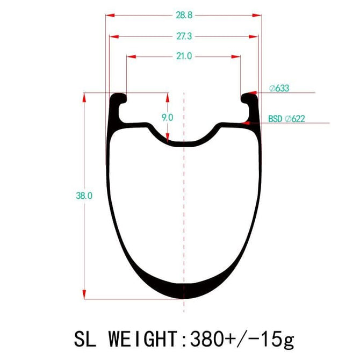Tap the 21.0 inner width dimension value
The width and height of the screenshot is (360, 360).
[x=184, y=56]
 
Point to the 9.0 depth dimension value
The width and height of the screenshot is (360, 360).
[x=167, y=117]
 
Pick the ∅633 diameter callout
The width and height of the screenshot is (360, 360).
[x=279, y=88]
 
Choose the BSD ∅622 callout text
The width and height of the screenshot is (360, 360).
[x=286, y=118]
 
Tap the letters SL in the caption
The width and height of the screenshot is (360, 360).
[x=87, y=340]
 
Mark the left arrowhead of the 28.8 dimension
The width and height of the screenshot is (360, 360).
[x=109, y=16]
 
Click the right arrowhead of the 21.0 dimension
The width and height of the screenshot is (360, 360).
[x=237, y=56]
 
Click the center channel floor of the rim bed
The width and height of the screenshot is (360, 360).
[x=184, y=142]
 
